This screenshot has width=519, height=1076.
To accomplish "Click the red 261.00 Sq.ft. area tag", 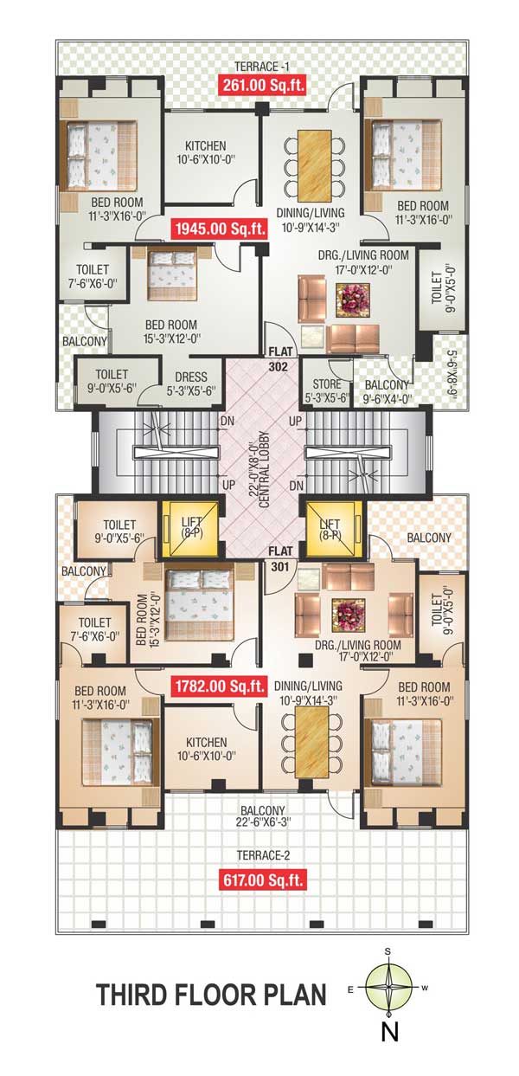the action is click(263, 85).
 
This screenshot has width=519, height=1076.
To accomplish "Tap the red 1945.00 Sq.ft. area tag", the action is click(220, 229).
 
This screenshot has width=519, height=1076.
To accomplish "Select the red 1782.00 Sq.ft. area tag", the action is click(220, 686).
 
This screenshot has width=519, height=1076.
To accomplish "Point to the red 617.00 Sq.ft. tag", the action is click(263, 880).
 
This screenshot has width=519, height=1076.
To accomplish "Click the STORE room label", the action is click(327, 384).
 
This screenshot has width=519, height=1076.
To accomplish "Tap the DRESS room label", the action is click(191, 377).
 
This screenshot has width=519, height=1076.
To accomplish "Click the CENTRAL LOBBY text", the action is click(264, 470).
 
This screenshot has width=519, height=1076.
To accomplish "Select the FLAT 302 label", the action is click(279, 359).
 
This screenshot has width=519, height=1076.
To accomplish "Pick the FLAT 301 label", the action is click(280, 558).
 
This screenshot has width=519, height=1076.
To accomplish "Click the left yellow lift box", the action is click(190, 529).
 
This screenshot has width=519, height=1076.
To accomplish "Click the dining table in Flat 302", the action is click(315, 166).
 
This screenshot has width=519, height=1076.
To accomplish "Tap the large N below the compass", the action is click(390, 1030).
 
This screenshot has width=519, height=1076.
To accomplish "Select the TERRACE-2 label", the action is click(263, 855).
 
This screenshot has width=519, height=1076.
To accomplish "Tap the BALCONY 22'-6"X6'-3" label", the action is click(263, 816).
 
